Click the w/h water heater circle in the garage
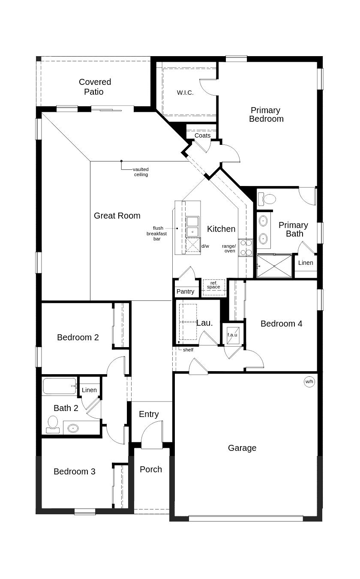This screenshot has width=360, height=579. point(309,381)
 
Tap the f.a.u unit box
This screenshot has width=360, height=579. point(232,335)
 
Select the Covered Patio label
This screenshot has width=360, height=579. point(95,87)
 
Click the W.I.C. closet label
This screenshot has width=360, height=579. point(185,93)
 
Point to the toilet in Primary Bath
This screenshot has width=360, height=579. point(267,198)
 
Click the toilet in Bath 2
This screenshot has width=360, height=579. point(53,423)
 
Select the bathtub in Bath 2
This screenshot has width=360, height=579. point(60,386)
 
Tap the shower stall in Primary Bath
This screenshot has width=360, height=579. point(274,266)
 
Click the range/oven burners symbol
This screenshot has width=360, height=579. point(246,248)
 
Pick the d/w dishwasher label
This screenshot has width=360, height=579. point(205,246)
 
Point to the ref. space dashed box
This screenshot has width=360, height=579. point(213,285)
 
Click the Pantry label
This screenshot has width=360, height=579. point(186,291)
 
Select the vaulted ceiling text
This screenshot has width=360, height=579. point(141,172)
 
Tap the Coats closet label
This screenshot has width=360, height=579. point(202,135)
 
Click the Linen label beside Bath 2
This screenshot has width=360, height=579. point(89,390)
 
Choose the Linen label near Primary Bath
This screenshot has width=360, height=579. point(306,263)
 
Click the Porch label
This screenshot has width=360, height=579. point(151,469)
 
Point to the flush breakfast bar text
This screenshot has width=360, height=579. point(157,234)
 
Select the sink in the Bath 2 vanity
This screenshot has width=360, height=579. point(73,428)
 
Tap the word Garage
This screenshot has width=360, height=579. point(242,448)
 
